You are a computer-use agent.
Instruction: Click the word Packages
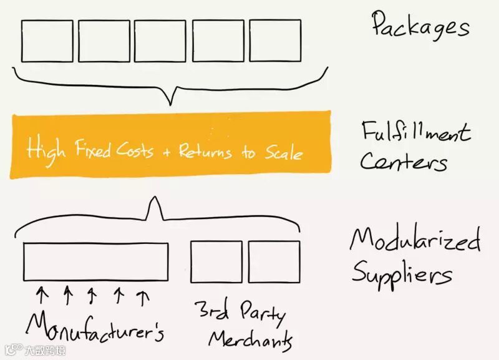[x=420, y=26]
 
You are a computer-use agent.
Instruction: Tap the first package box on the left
[x=47, y=40]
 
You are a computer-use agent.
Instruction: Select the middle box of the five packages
[x=160, y=40]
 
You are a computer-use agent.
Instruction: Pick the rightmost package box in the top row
[x=274, y=40]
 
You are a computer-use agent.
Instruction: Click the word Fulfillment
[x=415, y=132]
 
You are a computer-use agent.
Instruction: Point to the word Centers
[x=403, y=162]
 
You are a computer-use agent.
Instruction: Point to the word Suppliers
[x=401, y=273]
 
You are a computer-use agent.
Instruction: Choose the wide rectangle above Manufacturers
[x=95, y=261]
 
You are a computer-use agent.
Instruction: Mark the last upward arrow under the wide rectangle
[x=144, y=296]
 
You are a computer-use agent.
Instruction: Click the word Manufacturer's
[x=94, y=327]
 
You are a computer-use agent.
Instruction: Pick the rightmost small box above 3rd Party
[x=274, y=261]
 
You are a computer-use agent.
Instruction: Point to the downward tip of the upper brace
[x=166, y=103]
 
